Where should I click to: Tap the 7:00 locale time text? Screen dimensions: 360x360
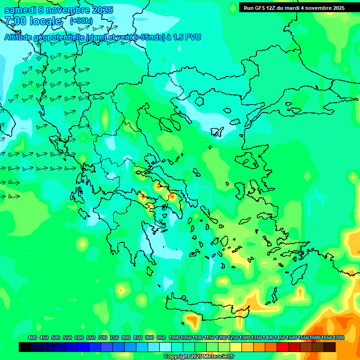pos(33,21)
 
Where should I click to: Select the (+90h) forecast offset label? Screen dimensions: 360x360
pos(81,21)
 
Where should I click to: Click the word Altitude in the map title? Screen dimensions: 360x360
pos(21,37)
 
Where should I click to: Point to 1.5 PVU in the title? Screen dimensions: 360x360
pos(187,37)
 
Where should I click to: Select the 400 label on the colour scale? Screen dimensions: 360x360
pos(32,338)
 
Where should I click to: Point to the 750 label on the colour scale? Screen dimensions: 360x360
pos(114,338)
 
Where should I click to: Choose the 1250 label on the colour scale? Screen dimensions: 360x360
pos(233,338)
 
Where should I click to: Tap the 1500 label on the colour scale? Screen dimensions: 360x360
pos(292,338)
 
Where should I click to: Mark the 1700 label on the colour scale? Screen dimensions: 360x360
pos(338,338)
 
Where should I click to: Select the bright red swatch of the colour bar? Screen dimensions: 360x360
pos(283,347)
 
